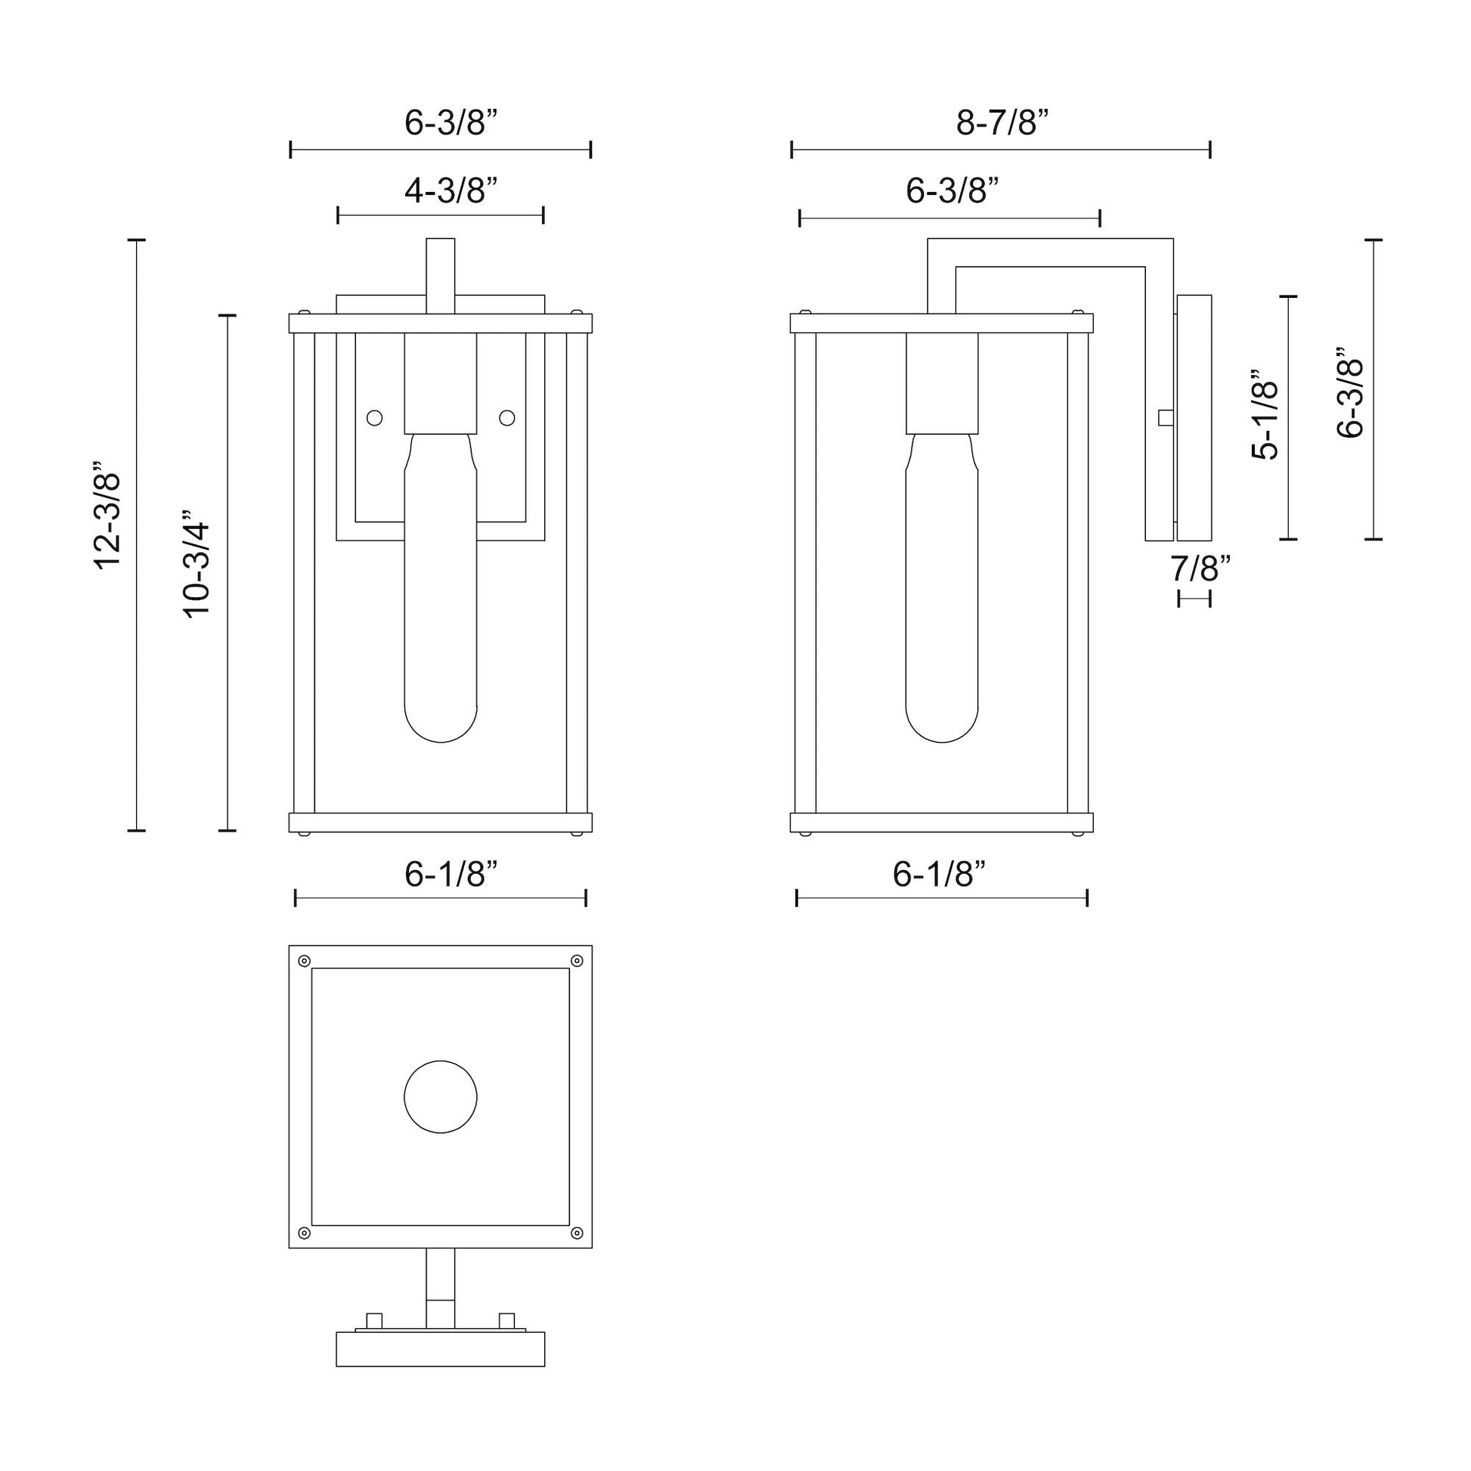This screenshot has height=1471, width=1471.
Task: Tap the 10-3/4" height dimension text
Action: pos(197,563)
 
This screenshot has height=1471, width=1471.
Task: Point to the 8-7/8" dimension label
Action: pos(1003,122)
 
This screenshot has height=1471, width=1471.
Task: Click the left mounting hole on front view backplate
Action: pos(375,418)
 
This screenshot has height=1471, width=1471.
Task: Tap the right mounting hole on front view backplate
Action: pos(507,418)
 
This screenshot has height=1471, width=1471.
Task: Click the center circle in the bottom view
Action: pos(441,1097)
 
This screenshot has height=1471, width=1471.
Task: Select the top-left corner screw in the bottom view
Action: pos(305,961)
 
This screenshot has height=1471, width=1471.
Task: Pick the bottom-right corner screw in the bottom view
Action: pos(577,1233)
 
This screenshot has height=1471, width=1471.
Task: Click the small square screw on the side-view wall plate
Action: pos(1165,418)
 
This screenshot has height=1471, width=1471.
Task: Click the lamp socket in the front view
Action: pos(441,384)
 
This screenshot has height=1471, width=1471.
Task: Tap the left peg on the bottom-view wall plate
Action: pos(375,1321)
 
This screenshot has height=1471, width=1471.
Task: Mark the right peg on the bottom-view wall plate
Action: pos(507,1321)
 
